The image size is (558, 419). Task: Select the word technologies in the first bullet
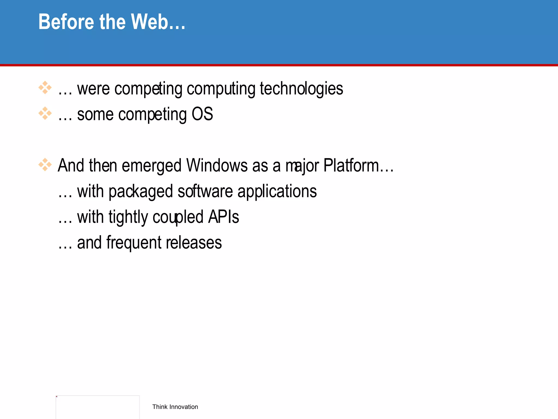click(301, 89)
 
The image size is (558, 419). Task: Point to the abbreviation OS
click(202, 114)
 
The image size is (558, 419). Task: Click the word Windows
click(217, 166)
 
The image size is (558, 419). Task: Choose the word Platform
click(351, 166)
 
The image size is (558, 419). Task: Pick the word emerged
click(151, 166)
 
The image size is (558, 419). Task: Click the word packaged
click(141, 191)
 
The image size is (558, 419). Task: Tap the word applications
click(277, 191)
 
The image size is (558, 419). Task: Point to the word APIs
click(223, 217)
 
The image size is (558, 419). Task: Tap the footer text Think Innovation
click(175, 407)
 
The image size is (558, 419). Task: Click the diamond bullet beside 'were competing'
click(45, 88)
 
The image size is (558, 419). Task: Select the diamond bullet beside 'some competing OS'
click(45, 113)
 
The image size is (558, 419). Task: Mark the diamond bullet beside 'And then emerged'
click(45, 165)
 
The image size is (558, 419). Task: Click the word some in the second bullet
click(95, 114)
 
